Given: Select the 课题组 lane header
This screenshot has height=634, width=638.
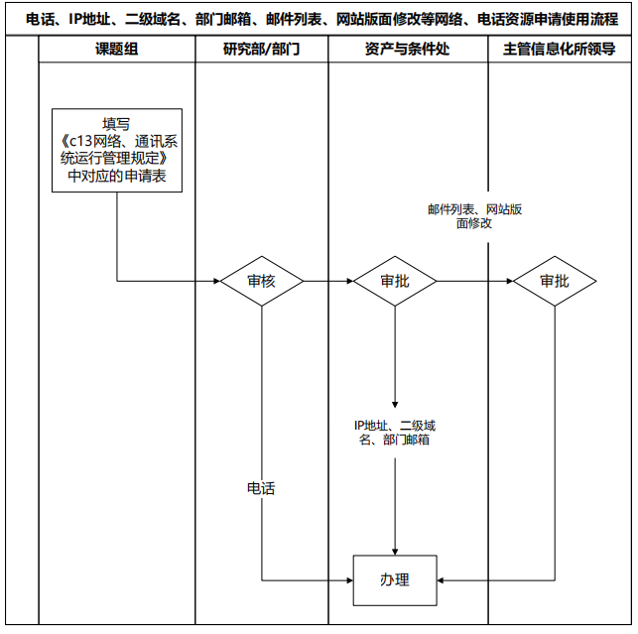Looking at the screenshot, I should coord(117,49).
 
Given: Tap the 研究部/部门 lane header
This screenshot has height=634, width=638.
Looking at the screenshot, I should coord(261,49).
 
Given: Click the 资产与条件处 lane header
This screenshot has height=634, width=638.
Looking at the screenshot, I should coord(408,49).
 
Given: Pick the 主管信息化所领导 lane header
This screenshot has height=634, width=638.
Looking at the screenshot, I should coord(560,49).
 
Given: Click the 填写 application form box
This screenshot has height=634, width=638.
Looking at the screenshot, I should coord(117,151).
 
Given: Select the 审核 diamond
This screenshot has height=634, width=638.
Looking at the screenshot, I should coord(261,281).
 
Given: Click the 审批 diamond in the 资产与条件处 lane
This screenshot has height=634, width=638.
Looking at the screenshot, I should coord(395,281).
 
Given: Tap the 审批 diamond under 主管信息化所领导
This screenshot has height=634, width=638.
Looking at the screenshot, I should coord(555,281).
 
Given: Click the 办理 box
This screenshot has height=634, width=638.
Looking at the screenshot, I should coord(395,579).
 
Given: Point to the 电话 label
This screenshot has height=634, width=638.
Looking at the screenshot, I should coord(261,488).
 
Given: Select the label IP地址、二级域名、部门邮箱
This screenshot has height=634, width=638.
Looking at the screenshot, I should coord(395,432).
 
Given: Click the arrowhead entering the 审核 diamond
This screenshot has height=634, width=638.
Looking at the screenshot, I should coord(215,281).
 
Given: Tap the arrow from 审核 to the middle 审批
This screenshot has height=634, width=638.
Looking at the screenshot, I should coord(327,281).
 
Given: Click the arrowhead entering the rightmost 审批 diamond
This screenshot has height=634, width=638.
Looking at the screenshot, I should coord(508,281).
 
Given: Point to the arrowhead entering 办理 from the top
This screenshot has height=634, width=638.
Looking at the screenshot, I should coord(395,550).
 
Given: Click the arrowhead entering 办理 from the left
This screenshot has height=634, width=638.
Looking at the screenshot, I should coord(349,579).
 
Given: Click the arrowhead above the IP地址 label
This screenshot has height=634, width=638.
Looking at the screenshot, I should coord(395,403).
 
